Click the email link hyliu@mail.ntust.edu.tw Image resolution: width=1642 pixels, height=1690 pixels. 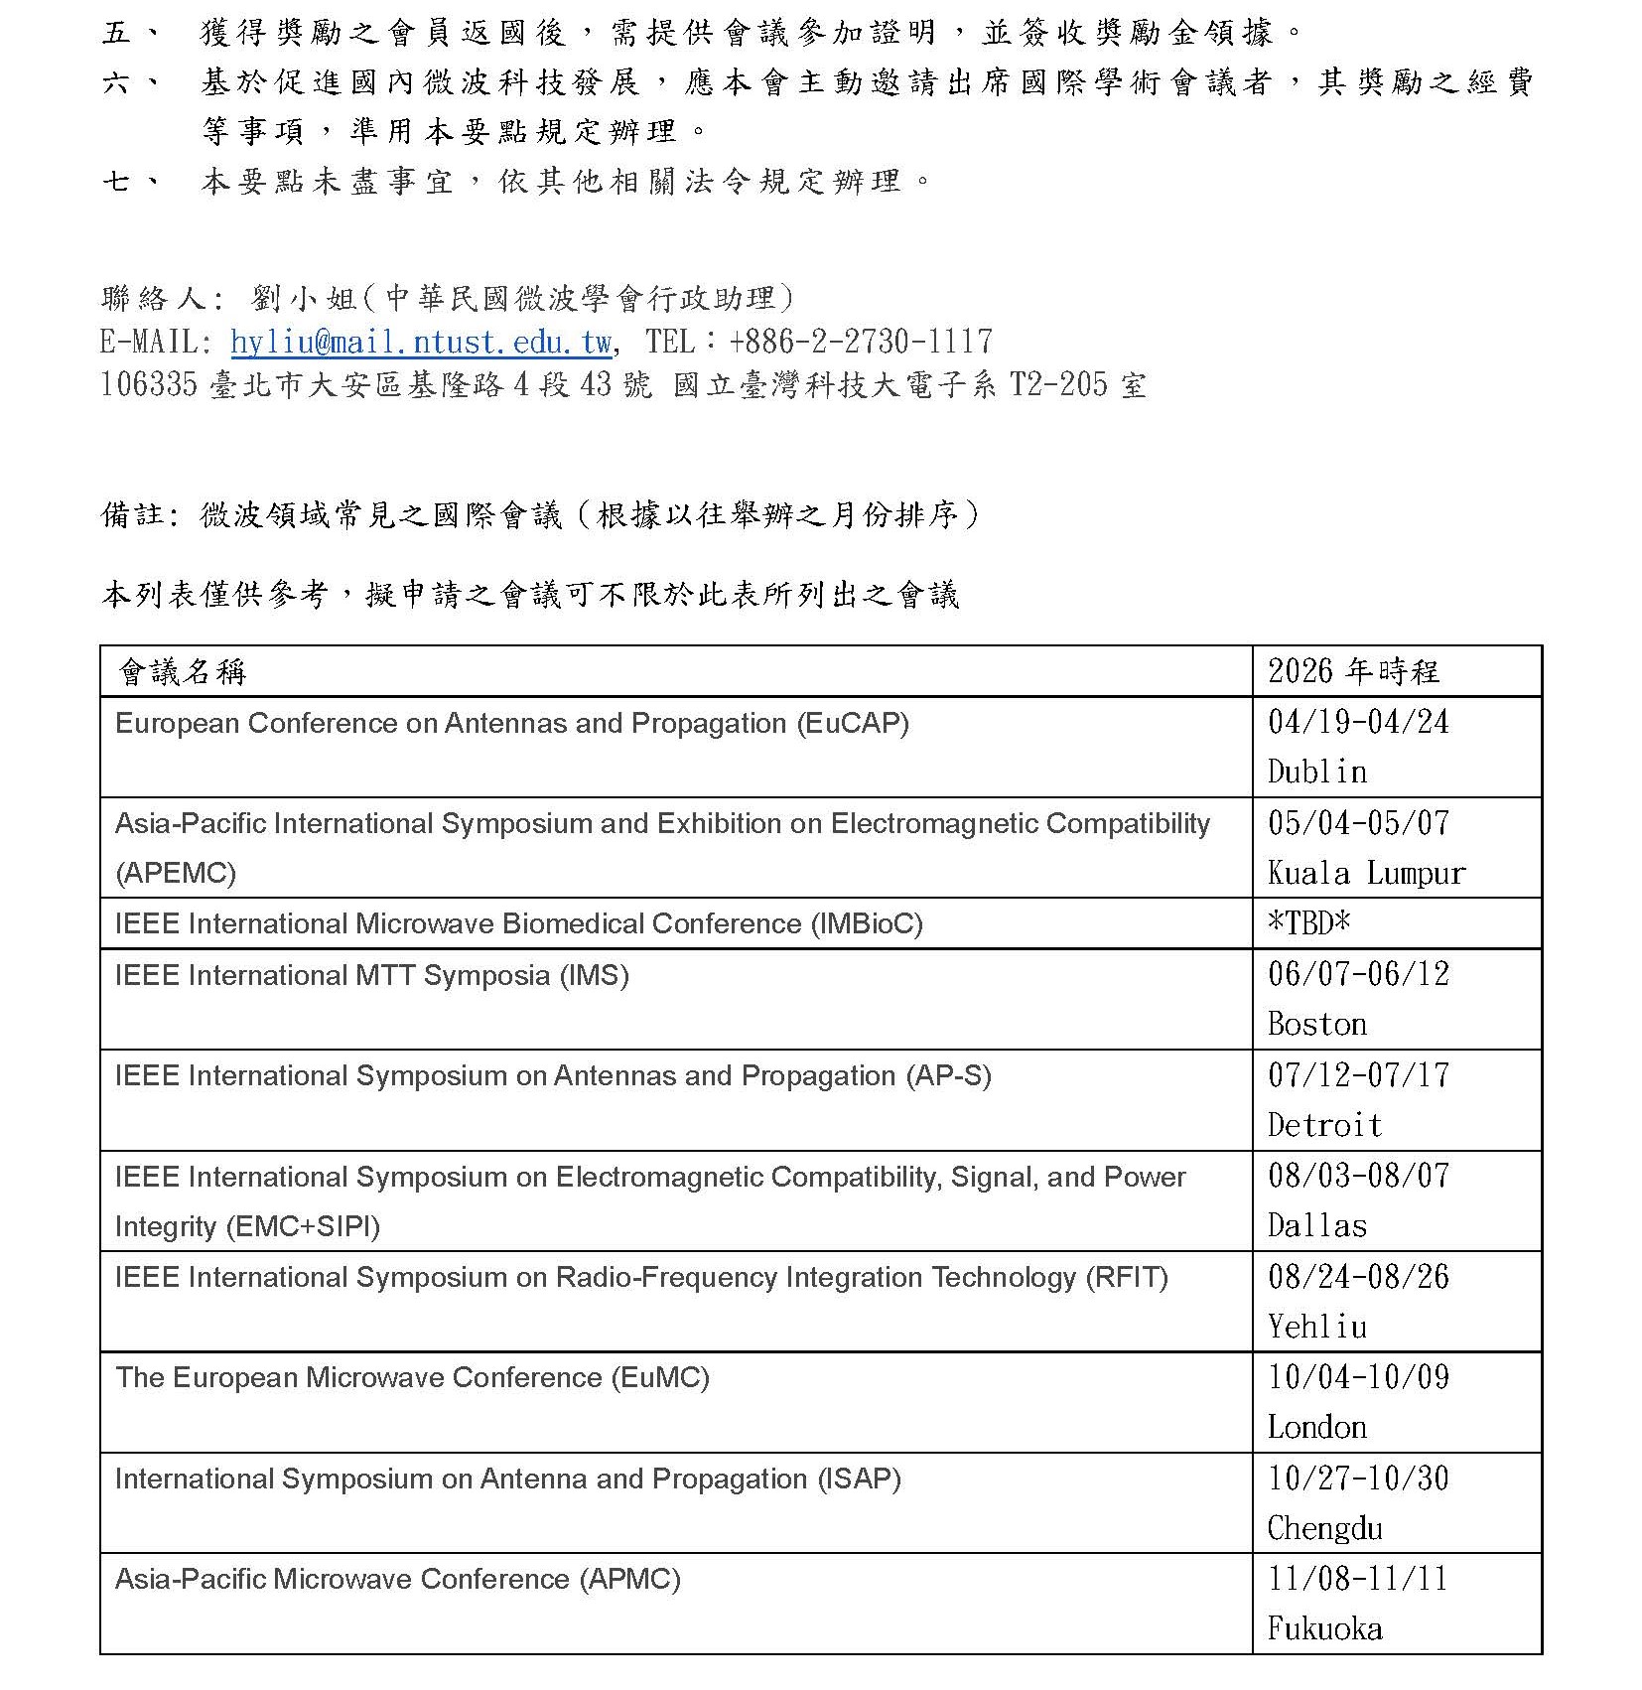(x=421, y=343)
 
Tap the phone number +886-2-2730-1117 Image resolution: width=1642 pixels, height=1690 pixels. (x=860, y=343)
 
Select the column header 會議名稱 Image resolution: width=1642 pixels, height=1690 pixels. (x=182, y=672)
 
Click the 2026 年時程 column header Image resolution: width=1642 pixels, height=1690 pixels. (x=1353, y=672)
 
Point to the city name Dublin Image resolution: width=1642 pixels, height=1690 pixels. (x=1317, y=772)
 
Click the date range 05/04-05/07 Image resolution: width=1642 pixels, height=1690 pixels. (x=1358, y=822)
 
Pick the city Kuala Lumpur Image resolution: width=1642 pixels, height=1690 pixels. (x=1366, y=873)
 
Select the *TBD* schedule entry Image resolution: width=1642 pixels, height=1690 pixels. (x=1309, y=923)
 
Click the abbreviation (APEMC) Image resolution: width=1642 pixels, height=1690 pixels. (x=176, y=873)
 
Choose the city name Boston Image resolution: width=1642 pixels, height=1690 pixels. (x=1317, y=1024)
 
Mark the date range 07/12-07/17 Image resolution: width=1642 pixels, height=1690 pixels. (x=1358, y=1074)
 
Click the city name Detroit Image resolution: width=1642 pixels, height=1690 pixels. (x=1324, y=1125)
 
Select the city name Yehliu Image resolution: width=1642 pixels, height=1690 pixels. (x=1317, y=1327)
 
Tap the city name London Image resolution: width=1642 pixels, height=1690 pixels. (x=1317, y=1427)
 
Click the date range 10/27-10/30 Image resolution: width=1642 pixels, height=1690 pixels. (x=1358, y=1478)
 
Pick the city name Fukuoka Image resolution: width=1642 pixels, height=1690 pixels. (x=1324, y=1628)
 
